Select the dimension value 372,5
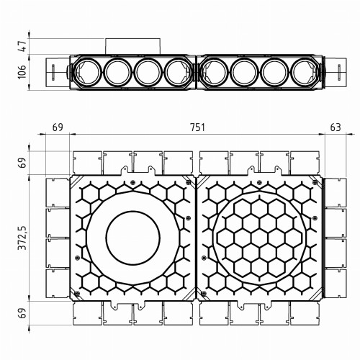click(x=22, y=237)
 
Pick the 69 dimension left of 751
click(x=58, y=127)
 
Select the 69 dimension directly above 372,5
click(x=22, y=163)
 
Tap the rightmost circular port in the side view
click(x=305, y=72)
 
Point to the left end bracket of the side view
click(x=55, y=72)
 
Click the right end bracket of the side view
click(x=336, y=72)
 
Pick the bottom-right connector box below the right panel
click(x=305, y=312)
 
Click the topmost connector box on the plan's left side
click(x=57, y=192)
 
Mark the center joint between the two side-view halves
click(x=196, y=72)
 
